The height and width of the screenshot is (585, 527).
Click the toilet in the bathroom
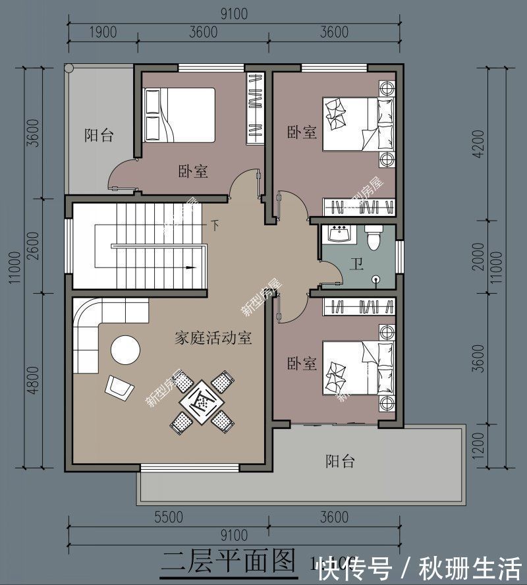(x=374, y=237)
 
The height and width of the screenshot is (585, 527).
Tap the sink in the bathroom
(x=341, y=234)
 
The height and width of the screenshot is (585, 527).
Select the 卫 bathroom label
(x=356, y=265)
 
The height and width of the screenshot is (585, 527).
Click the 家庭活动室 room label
(x=213, y=339)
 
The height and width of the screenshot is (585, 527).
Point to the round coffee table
(x=125, y=350)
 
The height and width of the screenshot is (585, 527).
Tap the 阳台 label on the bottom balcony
(x=340, y=460)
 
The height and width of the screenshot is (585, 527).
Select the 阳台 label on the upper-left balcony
(x=99, y=136)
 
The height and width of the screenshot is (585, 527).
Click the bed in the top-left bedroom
(x=179, y=115)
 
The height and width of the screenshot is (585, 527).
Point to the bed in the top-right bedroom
(x=359, y=124)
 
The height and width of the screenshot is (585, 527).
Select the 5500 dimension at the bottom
(x=168, y=518)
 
